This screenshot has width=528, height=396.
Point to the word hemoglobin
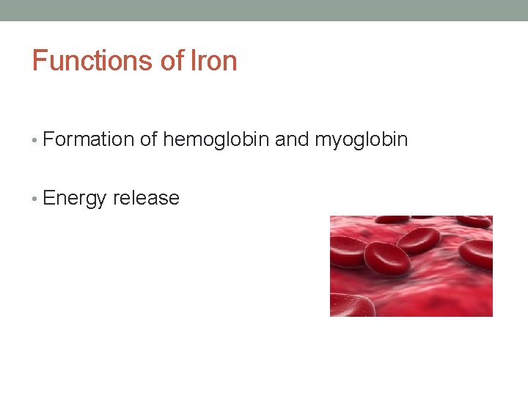click(216, 139)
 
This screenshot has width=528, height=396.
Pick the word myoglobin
click(361, 139)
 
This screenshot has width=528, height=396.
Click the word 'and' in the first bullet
click(292, 139)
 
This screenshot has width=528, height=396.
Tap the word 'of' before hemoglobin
click(149, 139)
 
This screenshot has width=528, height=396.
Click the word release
click(146, 198)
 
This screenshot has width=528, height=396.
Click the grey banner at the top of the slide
click(264, 10)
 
